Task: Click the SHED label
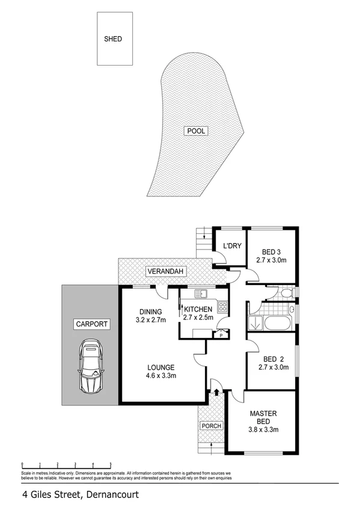pos(113,39)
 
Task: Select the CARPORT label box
pos(91,324)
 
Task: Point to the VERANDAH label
pos(165,273)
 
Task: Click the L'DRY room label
pos(232,247)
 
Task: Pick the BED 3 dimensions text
pos(272,261)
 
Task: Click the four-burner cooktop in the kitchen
pos(222,307)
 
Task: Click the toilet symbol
pos(287,293)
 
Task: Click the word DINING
pos(151,312)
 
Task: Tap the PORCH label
pos(212,426)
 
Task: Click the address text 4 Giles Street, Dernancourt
pos(80,495)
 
